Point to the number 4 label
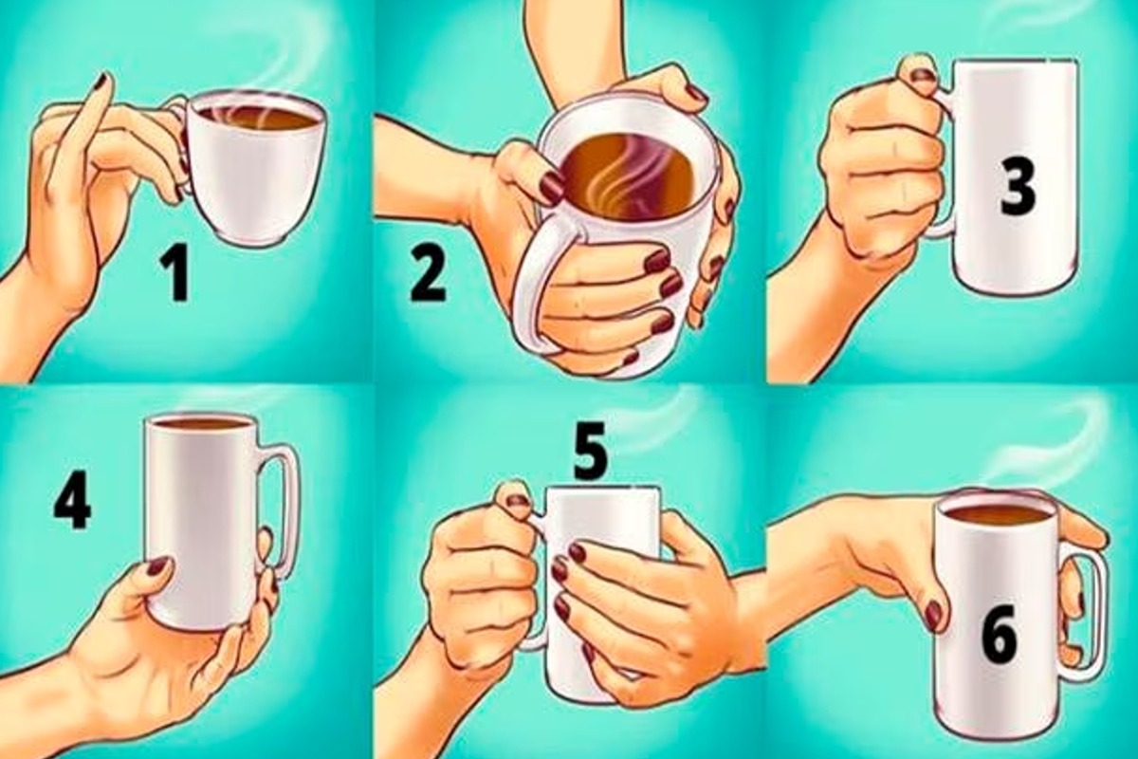click(x=72, y=503)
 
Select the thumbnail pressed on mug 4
click(x=157, y=565)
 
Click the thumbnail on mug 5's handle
click(x=518, y=501)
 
